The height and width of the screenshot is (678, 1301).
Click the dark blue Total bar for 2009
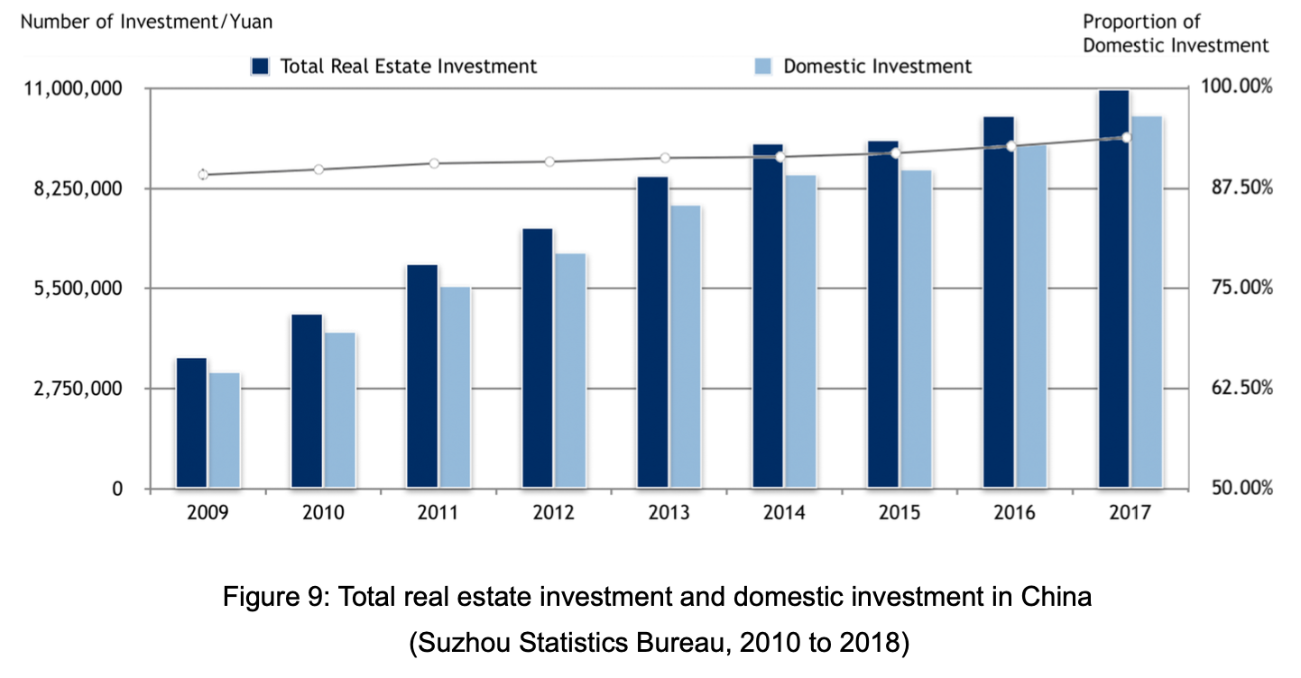pyautogui.click(x=191, y=423)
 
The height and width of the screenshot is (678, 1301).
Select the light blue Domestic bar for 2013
pyautogui.click(x=686, y=347)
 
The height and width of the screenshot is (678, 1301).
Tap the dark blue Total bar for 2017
pyautogui.click(x=1114, y=289)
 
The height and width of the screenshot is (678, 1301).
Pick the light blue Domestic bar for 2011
pyautogui.click(x=456, y=388)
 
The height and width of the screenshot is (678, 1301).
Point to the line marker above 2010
pyautogui.click(x=318, y=169)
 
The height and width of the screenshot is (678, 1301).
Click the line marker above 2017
pyautogui.click(x=1126, y=137)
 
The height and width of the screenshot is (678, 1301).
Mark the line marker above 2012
pyautogui.click(x=549, y=162)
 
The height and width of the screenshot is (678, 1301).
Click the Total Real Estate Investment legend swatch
pyautogui.click(x=261, y=66)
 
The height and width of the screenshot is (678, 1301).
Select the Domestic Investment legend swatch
pyautogui.click(x=763, y=66)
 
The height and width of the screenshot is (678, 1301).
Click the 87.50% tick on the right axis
pyautogui.click(x=1236, y=188)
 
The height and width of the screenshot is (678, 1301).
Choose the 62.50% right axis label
pyautogui.click(x=1236, y=388)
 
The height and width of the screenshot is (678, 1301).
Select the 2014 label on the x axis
pyautogui.click(x=784, y=514)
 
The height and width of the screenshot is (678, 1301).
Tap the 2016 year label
pyautogui.click(x=1015, y=514)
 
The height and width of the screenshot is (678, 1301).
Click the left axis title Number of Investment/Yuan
pyautogui.click(x=146, y=21)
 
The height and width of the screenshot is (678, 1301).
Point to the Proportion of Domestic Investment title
pyautogui.click(x=1175, y=33)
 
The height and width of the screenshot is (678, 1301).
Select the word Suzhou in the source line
pyautogui.click(x=457, y=645)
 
